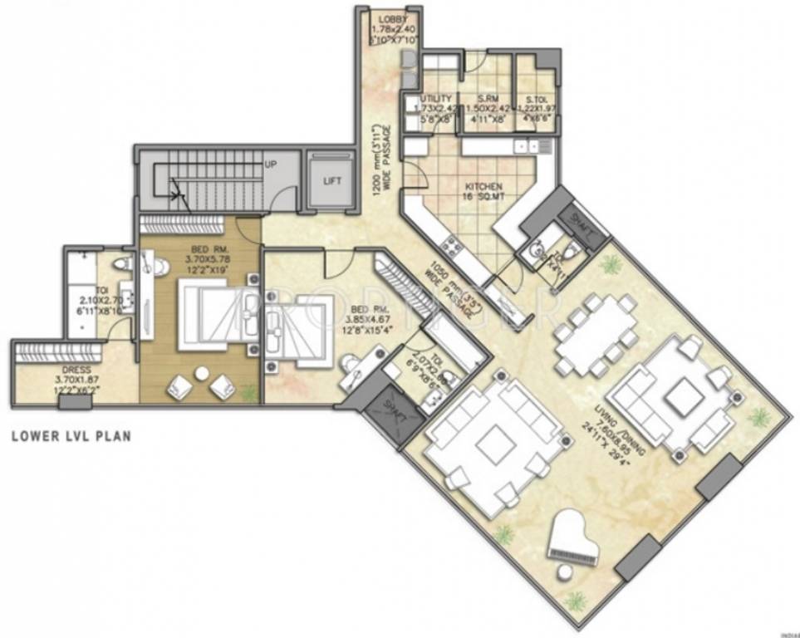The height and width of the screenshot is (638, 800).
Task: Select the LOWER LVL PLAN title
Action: (x=71, y=434)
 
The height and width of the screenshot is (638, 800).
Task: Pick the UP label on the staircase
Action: (x=270, y=164)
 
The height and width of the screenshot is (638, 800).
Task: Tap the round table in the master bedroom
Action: (x=201, y=374)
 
